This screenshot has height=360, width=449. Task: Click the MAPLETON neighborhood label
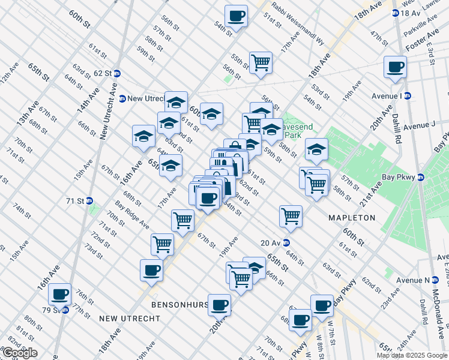point(351,218)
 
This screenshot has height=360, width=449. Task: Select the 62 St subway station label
point(103,73)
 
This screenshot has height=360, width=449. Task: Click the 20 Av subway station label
point(271,243)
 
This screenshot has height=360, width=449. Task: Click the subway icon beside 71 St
point(89,201)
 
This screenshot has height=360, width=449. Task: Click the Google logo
point(20,353)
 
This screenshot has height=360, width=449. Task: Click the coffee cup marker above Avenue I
point(396,67)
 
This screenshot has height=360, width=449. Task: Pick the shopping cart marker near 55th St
point(261,62)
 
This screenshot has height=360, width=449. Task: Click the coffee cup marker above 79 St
point(59,295)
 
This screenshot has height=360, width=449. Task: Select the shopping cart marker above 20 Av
point(291,216)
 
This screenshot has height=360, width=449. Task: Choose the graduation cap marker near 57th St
point(316,150)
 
